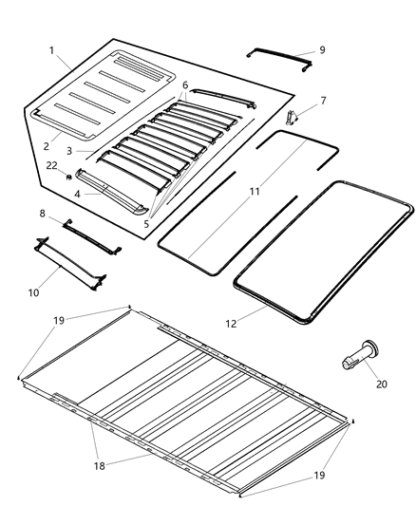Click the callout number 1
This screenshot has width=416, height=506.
tap(51, 49)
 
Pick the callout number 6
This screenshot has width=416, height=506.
tap(185, 84)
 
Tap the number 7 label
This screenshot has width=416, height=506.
tap(323, 100)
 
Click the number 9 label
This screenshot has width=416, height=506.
tap(322, 49)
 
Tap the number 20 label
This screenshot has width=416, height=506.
tap(383, 384)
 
